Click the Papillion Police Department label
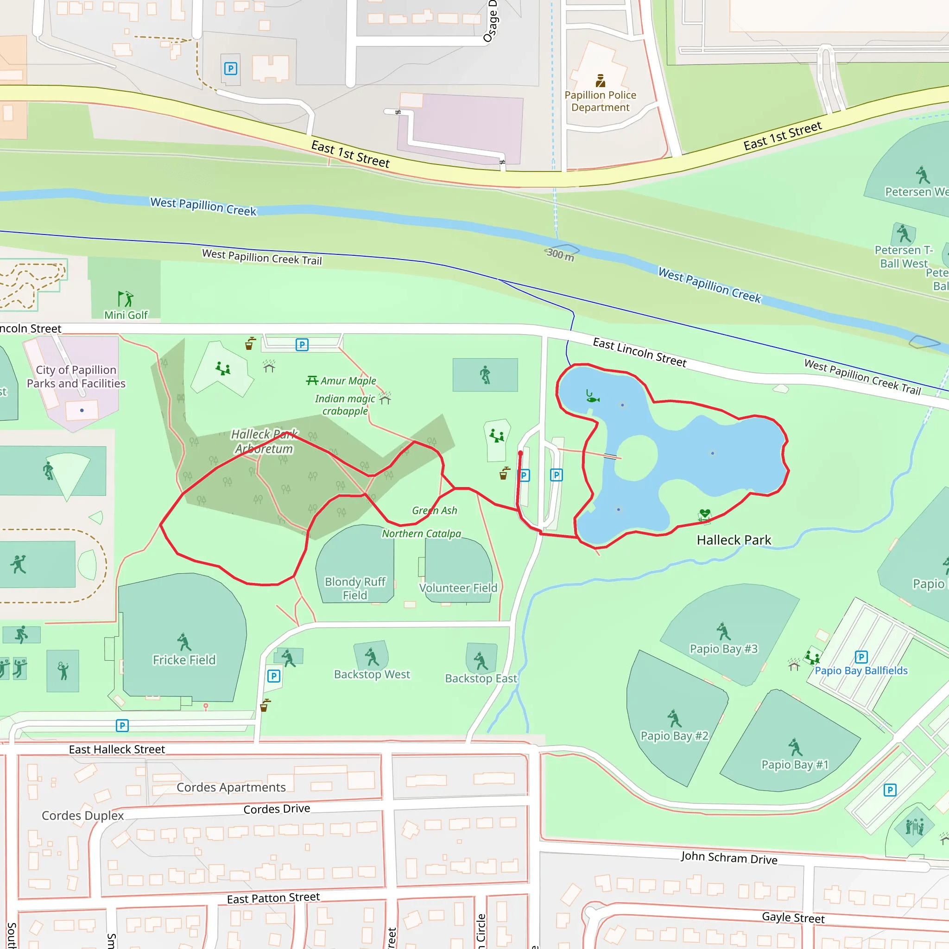(x=600, y=101)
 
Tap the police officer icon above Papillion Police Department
(x=600, y=80)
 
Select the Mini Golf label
(x=126, y=315)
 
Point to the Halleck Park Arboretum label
(x=264, y=441)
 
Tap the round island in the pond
(x=636, y=458)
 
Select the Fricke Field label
(x=184, y=660)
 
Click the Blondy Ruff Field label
(x=354, y=588)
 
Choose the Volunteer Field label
(x=458, y=588)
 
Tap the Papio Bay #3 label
(x=723, y=649)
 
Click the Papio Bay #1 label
(x=794, y=764)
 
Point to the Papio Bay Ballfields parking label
(x=860, y=671)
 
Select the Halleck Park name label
(x=734, y=540)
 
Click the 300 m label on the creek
(x=560, y=254)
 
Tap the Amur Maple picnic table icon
(x=312, y=381)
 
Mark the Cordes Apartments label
(x=231, y=787)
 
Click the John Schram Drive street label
(x=728, y=858)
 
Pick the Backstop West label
(x=372, y=674)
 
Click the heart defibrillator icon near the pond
(x=704, y=514)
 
